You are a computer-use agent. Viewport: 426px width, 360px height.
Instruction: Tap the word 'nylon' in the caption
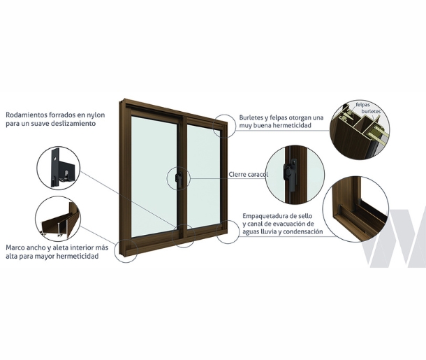tap(96, 115)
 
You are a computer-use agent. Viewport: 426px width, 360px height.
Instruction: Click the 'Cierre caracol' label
tap(249, 174)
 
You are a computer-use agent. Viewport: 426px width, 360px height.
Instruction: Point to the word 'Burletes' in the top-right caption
tap(251, 117)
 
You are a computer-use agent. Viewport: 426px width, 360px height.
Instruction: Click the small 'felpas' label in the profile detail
tap(362, 105)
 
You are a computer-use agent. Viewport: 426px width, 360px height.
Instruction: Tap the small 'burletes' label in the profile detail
tap(371, 111)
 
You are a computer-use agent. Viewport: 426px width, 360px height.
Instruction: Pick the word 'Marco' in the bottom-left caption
tap(14, 247)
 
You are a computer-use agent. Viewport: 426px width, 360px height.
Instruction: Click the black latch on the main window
tap(177, 178)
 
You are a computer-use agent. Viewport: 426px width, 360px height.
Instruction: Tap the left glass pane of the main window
tap(154, 177)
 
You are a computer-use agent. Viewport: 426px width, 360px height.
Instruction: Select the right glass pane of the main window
tap(204, 177)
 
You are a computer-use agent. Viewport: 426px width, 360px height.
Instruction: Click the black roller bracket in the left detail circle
tap(61, 168)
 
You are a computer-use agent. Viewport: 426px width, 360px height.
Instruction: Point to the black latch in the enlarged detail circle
tap(289, 169)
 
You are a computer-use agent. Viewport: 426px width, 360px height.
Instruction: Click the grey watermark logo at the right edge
tap(394, 238)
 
